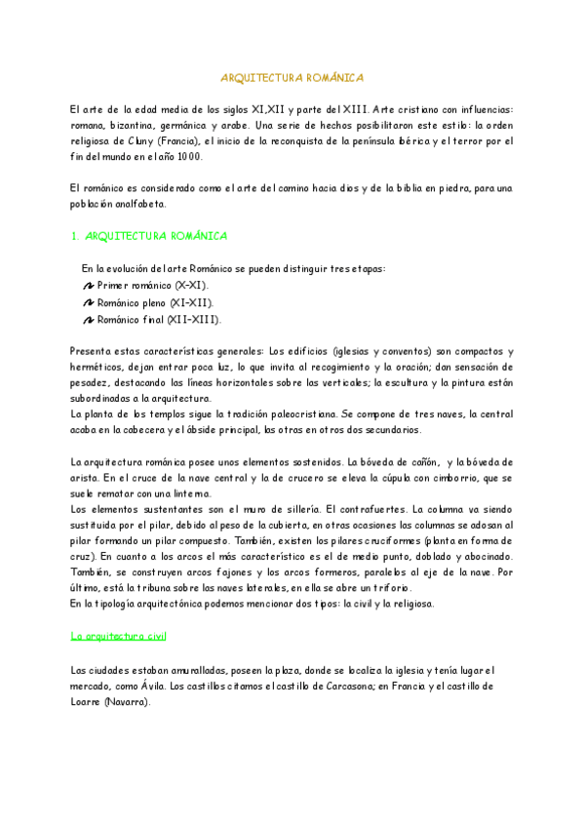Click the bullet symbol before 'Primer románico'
pos(89,285)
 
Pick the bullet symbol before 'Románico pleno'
pos(89,302)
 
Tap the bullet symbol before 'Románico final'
pos(89,319)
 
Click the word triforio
pos(388,588)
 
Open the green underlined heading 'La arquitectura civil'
pos(119,636)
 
